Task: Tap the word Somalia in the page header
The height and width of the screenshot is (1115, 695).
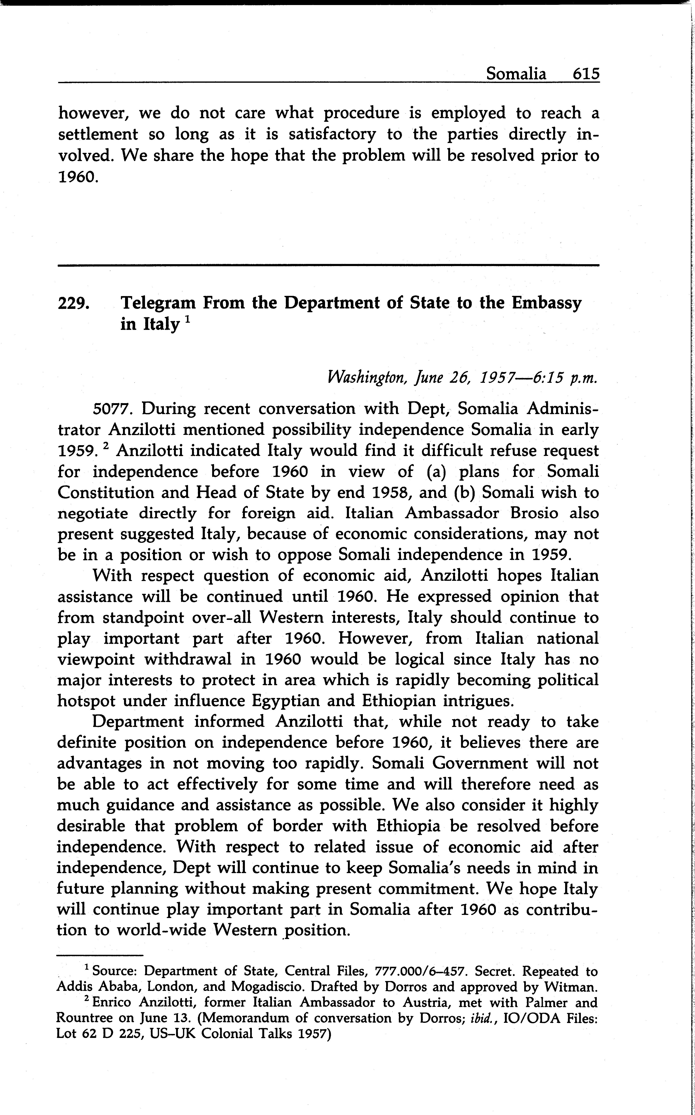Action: [x=516, y=73]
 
